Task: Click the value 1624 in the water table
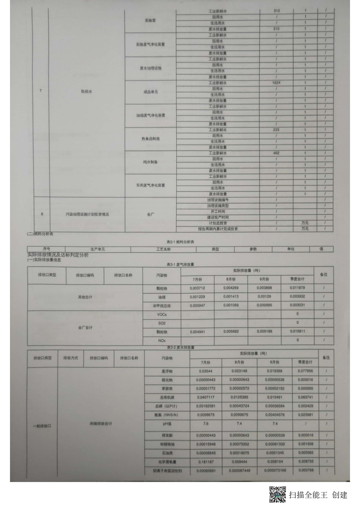pos(276,83)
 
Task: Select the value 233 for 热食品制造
pos(276,130)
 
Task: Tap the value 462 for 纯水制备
pos(276,153)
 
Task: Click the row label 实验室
pos(150,20)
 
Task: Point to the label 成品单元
pos(150,92)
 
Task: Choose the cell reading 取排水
pos(86,91)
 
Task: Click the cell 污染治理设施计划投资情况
pos(87,214)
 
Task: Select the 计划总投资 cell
pos(218,223)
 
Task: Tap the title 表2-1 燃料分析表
pos(180,242)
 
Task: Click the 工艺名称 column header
pos(163,249)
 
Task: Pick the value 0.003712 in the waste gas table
pos(197,288)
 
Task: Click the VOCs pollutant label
pos(162,314)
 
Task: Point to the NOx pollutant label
pos(162,340)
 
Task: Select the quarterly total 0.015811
pos(297,331)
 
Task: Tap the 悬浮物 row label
pos(167,371)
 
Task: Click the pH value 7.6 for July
pos(206,424)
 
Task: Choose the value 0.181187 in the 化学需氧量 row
pos(206,462)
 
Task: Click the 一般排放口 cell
pos(42,426)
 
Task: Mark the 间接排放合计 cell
pos(101,424)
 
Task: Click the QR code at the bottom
pos(277,495)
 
